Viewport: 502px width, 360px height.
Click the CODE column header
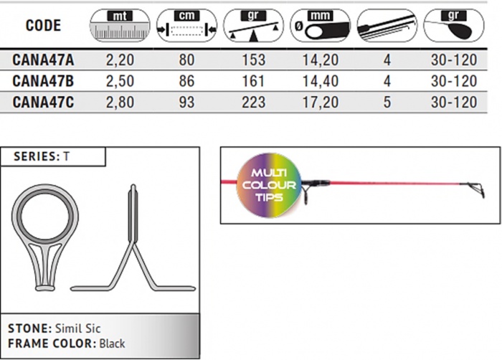43,26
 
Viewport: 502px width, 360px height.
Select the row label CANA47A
43,60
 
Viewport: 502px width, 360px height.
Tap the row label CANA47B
43,81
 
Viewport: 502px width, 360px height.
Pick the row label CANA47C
43,102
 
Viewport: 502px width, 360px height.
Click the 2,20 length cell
120,60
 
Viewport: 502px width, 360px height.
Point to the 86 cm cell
186,81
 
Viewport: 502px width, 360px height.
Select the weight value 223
254,102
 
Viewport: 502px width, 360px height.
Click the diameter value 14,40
321,81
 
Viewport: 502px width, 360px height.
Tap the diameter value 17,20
321,102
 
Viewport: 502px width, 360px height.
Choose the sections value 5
387,102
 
